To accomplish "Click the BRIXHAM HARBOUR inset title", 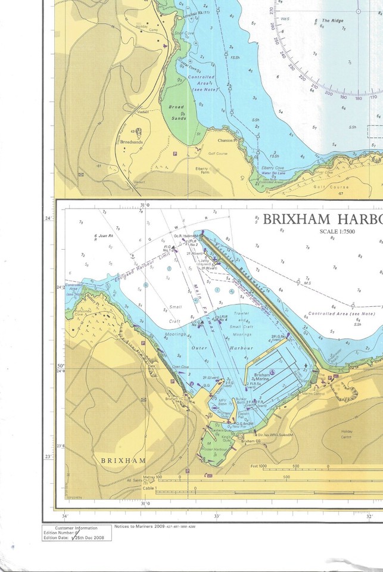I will tap(322, 219).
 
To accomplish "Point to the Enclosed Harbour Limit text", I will tap(132, 267).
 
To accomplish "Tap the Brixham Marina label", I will tap(262, 372).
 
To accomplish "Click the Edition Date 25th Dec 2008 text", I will tap(79, 537).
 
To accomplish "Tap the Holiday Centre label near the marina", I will tap(365, 436).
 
